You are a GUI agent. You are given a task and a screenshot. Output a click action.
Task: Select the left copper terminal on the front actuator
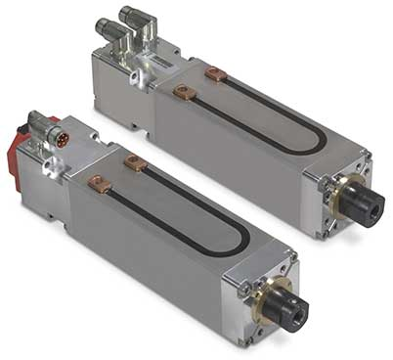[x=99, y=182]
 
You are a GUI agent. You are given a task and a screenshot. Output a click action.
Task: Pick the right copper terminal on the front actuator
[x=136, y=163]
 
